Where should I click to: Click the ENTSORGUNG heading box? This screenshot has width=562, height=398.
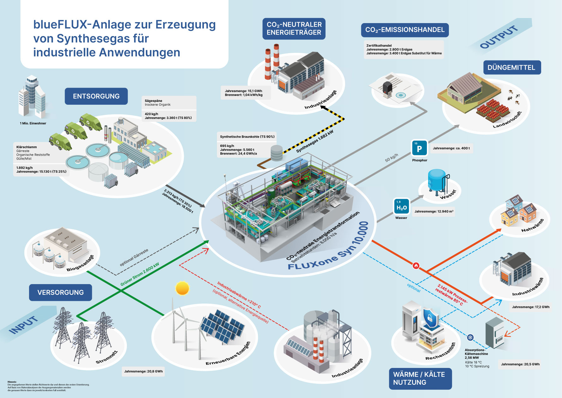(96, 96)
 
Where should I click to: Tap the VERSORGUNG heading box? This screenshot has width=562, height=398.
(61, 292)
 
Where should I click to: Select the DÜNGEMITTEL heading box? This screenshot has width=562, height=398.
(512, 67)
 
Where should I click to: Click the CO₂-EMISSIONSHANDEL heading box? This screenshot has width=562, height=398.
(405, 30)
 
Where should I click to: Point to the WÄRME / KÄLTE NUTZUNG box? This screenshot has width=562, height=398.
(420, 378)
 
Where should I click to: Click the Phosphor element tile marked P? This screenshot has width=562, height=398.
(419, 148)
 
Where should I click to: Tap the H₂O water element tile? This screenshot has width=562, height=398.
(401, 207)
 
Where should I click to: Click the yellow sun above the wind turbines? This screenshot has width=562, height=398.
(182, 288)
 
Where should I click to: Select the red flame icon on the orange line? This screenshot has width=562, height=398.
(416, 265)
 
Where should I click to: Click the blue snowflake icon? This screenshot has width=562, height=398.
(470, 338)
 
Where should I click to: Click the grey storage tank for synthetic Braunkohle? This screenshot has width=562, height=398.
(277, 153)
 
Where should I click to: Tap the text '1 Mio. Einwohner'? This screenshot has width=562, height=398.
(33, 123)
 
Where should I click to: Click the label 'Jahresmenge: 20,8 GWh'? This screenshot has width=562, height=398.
(143, 371)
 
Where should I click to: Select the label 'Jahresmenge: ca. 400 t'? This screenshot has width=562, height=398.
(451, 148)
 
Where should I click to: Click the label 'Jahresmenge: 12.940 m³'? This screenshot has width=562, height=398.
(434, 211)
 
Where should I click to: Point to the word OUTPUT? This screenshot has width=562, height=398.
(499, 37)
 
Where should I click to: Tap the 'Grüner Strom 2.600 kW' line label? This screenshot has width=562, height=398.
(140, 274)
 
